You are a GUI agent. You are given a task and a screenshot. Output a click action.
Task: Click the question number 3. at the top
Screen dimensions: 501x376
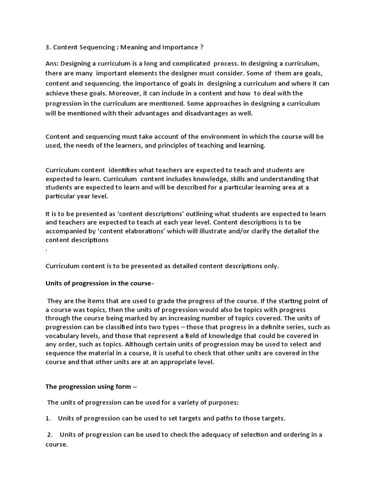tap(48, 47)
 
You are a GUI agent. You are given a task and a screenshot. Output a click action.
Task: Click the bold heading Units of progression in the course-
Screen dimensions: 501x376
tap(100, 283)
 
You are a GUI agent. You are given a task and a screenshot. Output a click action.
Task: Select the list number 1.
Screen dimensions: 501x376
tap(48, 418)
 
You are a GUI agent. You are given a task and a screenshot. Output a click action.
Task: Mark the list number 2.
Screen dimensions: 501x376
tap(50, 434)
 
